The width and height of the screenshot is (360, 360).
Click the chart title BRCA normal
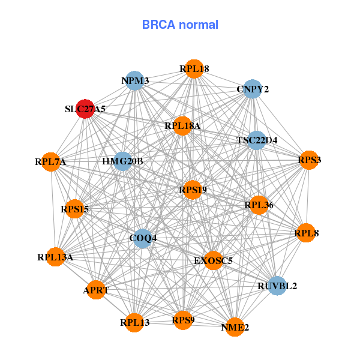[x=180, y=25]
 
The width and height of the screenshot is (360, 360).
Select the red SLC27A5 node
[x=85, y=109]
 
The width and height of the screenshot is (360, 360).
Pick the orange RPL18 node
[x=194, y=69]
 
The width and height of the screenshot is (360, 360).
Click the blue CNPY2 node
[x=253, y=89]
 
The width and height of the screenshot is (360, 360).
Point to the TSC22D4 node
[x=257, y=140]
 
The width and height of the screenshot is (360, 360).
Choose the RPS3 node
[x=309, y=160]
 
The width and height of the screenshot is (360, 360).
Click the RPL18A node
[x=182, y=126]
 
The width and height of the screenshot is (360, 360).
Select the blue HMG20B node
[x=122, y=161]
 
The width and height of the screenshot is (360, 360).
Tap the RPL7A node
[x=51, y=161]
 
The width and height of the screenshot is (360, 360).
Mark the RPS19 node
[x=193, y=190]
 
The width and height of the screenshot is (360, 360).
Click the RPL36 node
[x=259, y=205]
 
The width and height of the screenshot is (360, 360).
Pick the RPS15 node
[x=74, y=209]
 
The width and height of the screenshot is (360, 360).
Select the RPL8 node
[x=306, y=232]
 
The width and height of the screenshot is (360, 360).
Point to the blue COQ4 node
[x=143, y=238]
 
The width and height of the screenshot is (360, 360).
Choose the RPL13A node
[x=55, y=257]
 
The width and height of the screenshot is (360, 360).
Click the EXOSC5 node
[x=213, y=260]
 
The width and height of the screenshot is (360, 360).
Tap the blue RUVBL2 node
[x=277, y=286]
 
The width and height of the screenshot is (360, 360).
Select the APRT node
[x=96, y=290]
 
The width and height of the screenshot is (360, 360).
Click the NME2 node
[x=235, y=327]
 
